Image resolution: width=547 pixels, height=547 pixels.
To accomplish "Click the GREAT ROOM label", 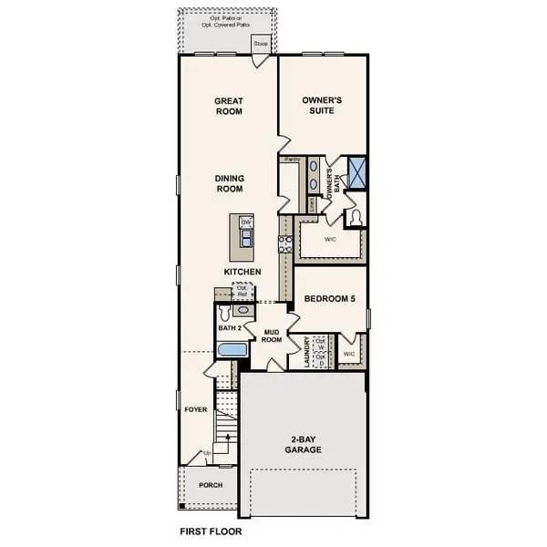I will (228, 106).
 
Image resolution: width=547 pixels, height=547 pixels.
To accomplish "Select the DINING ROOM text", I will (228, 183).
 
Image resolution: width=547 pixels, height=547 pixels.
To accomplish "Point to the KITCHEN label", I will (243, 272).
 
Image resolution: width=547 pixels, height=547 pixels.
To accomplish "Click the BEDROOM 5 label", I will (329, 298).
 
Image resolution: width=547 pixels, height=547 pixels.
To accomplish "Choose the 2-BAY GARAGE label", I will (301, 444).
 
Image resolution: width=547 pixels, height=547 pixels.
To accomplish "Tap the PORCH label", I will (211, 485).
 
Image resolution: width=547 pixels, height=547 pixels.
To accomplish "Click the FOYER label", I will (196, 410).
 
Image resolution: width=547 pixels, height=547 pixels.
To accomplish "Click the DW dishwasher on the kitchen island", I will (246, 222).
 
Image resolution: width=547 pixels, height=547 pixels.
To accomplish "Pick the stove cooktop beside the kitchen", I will (284, 243).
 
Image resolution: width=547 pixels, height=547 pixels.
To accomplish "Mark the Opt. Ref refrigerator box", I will (243, 291).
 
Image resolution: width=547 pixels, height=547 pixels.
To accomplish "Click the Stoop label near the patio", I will (261, 43).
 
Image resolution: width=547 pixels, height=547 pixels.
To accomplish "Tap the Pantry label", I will (292, 159).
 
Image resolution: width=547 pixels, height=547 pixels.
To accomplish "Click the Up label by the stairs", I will (207, 453).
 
